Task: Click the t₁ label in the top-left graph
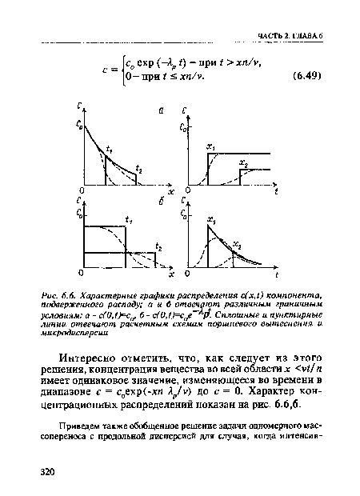(110, 150)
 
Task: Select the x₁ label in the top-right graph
(210, 148)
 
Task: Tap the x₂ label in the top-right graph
(243, 163)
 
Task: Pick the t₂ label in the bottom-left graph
(158, 246)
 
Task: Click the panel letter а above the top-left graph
(161, 110)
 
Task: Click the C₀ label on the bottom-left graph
(80, 215)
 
